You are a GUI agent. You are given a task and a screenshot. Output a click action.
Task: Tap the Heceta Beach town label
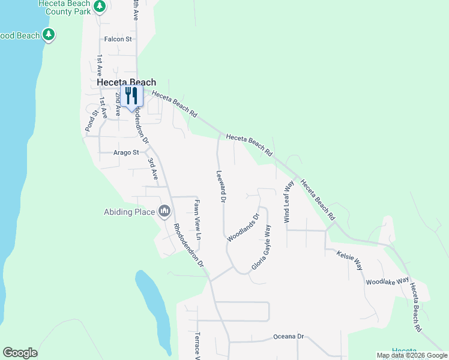point(127,82)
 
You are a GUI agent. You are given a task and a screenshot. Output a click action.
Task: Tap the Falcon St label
point(118,39)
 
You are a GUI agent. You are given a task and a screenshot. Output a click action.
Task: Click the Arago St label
point(126,153)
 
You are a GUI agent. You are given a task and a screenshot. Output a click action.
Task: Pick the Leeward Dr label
point(221,185)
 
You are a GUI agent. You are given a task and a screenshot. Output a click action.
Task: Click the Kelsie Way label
point(349,259)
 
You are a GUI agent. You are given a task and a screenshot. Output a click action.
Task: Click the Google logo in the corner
point(20,352)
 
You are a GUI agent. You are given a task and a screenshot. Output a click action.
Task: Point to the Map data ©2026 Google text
point(411,355)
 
